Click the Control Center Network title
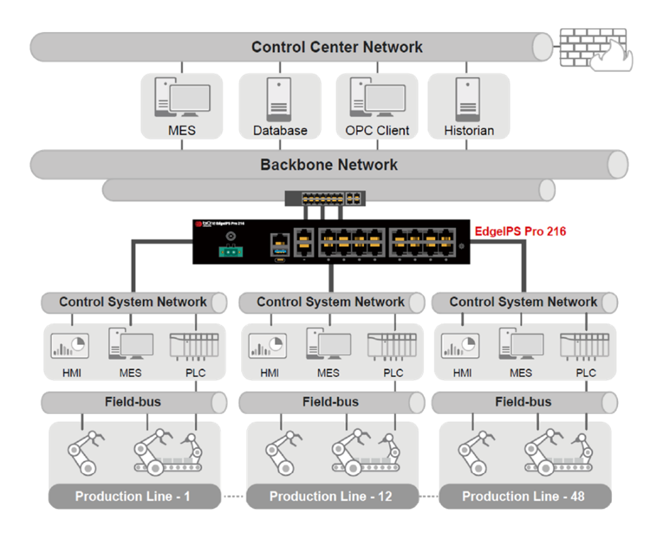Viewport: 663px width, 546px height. pyautogui.click(x=337, y=47)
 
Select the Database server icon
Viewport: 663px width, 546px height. pyautogui.click(x=280, y=98)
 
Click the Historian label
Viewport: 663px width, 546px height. pyautogui.click(x=468, y=130)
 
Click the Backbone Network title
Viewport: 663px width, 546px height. pyautogui.click(x=329, y=165)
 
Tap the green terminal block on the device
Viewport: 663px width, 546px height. pyautogui.click(x=231, y=252)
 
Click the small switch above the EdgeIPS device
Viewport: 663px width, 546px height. pyautogui.click(x=325, y=198)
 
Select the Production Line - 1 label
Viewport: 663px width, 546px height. pyautogui.click(x=133, y=496)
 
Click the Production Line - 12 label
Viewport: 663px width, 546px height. pyautogui.click(x=331, y=496)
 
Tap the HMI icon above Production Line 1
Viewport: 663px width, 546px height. pyautogui.click(x=70, y=346)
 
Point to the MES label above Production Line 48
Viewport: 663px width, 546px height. pyautogui.click(x=521, y=373)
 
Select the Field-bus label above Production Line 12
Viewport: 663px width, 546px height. pyautogui.click(x=331, y=401)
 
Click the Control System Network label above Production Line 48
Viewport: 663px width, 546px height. pyautogui.click(x=523, y=301)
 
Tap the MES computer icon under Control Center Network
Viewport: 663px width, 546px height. pyautogui.click(x=181, y=98)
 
